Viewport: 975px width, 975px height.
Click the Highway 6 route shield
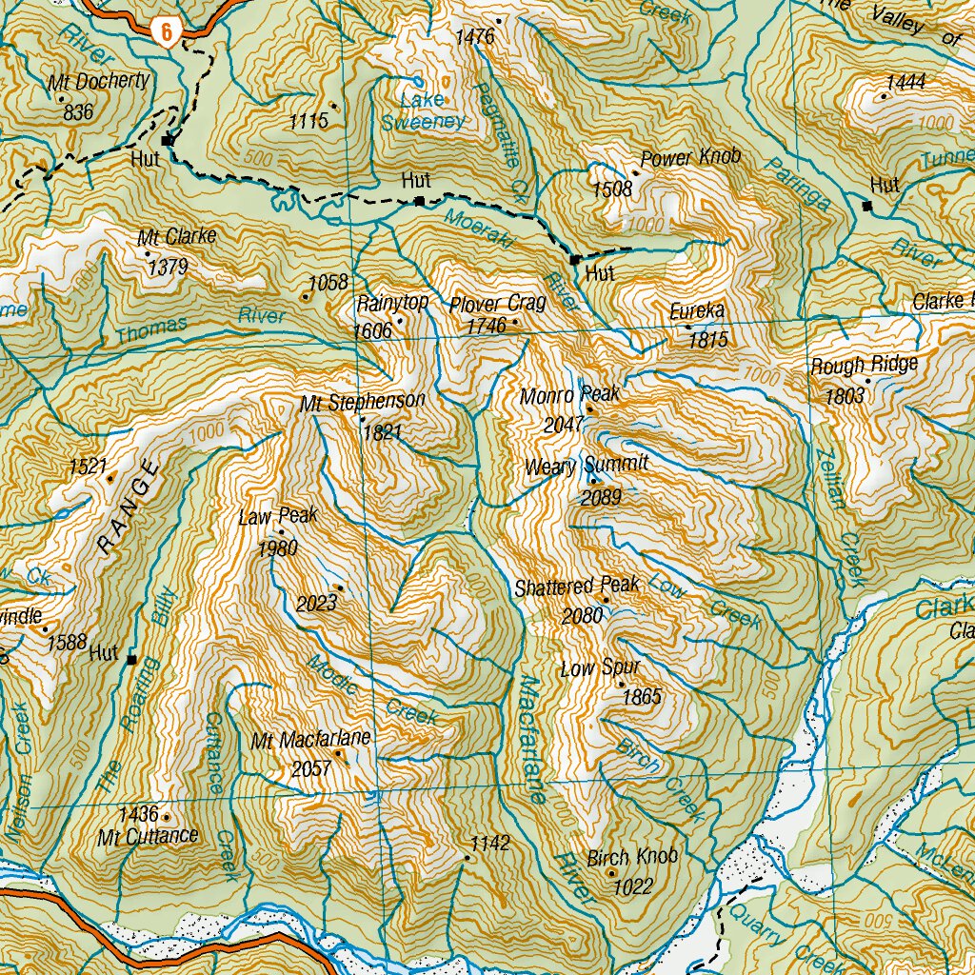click(166, 31)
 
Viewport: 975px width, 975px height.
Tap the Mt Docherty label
click(98, 82)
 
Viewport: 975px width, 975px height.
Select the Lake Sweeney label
click(423, 110)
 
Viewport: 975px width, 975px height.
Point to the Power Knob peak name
click(690, 158)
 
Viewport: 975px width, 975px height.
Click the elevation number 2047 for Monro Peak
click(563, 425)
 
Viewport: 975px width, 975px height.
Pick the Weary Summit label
click(587, 465)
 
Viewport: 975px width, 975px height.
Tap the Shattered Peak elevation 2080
click(582, 616)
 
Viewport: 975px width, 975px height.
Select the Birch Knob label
click(632, 857)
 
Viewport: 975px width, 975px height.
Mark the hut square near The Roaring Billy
click(132, 659)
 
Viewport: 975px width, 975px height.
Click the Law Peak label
click(278, 517)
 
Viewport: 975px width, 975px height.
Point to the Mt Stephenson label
click(362, 402)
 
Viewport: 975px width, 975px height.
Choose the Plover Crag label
click(497, 304)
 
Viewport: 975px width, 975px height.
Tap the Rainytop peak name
click(392, 304)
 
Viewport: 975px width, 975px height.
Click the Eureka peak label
click(697, 311)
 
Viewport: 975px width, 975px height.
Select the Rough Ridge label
click(864, 365)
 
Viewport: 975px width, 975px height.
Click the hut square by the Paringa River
click(866, 205)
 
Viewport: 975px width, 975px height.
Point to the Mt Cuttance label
click(149, 837)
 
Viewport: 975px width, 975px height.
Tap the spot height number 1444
click(905, 83)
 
